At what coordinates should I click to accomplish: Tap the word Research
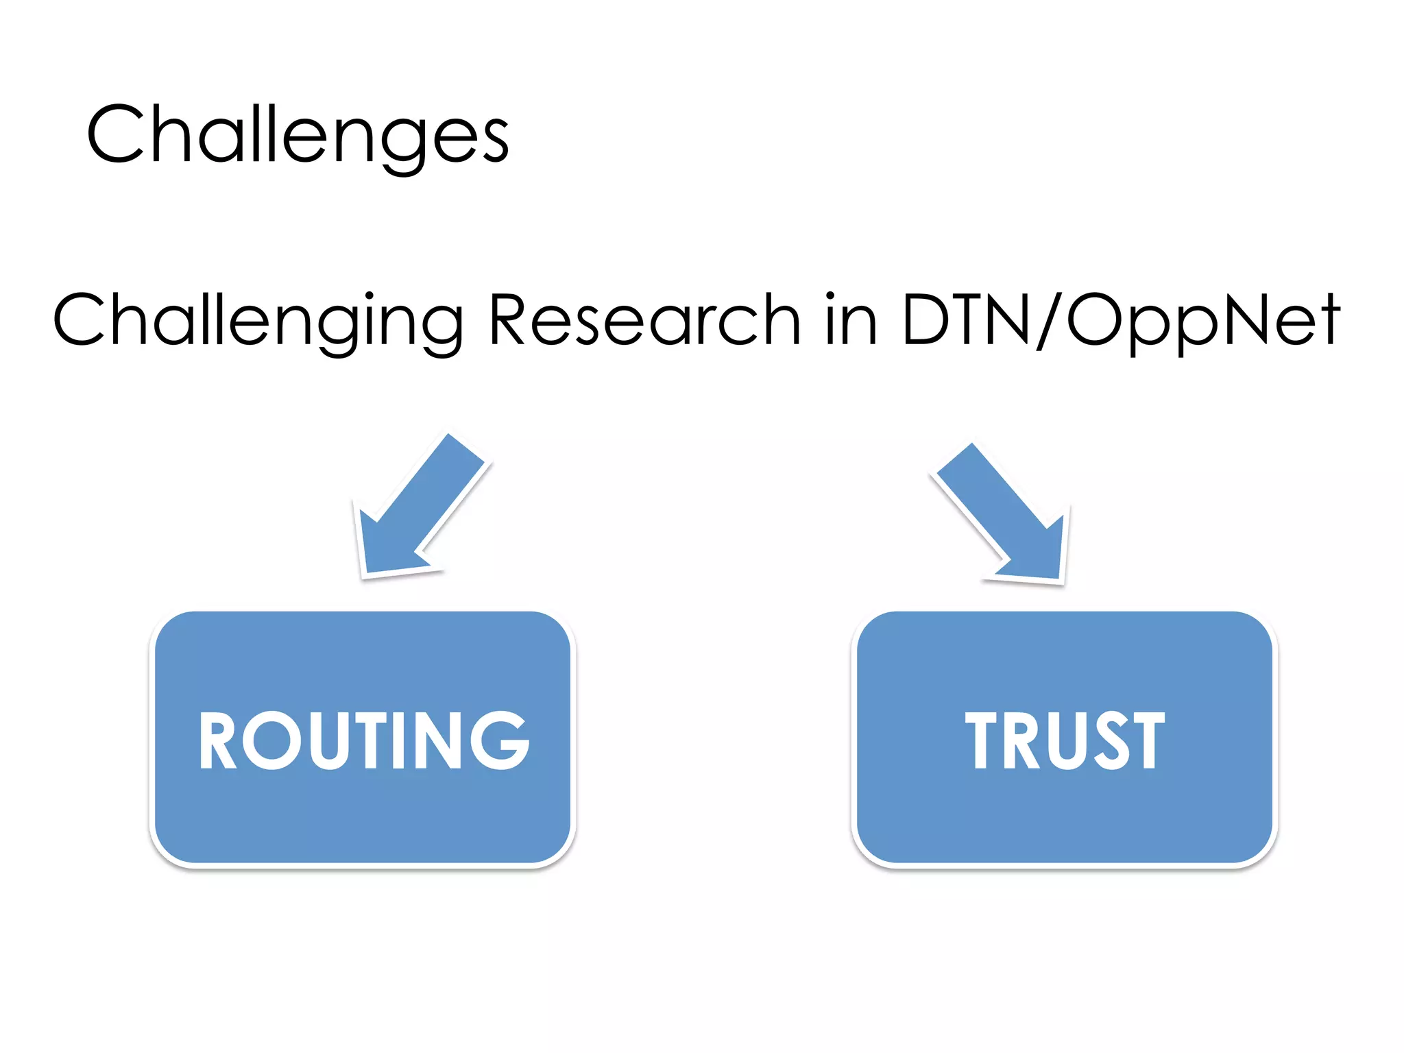644,319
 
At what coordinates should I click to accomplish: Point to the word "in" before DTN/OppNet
851,319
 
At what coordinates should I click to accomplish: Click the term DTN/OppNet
1120,319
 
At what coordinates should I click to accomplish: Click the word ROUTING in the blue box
364,740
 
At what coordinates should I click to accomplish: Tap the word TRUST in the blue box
1065,740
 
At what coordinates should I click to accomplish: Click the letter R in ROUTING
217,740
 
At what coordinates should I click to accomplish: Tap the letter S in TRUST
1111,740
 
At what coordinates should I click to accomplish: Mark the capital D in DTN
925,319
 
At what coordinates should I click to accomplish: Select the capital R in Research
508,319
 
